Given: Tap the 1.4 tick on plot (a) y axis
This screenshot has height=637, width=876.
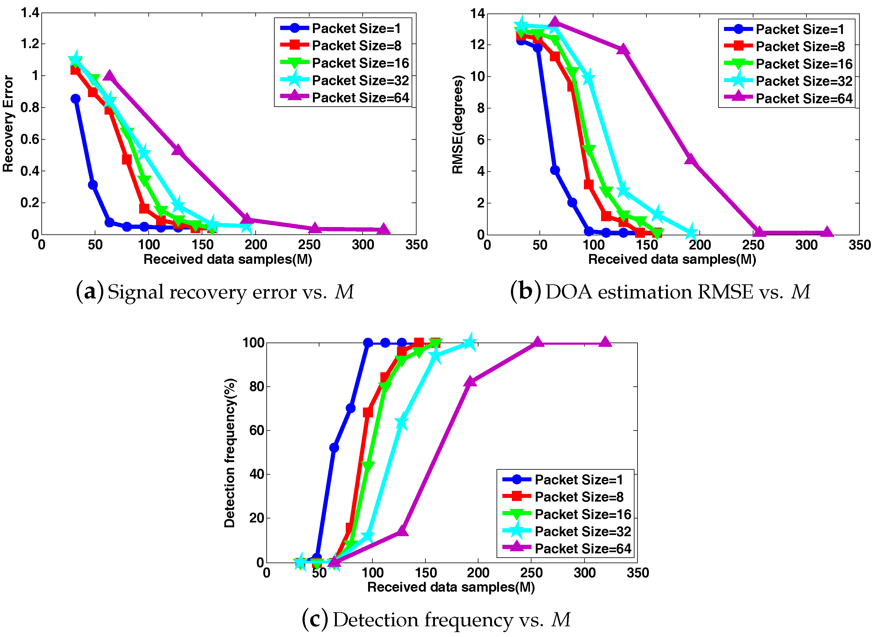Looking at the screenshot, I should (x=30, y=13).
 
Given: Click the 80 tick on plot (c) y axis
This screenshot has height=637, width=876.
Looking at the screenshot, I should (x=257, y=386).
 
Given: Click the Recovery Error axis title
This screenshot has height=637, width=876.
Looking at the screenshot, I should (x=8, y=123).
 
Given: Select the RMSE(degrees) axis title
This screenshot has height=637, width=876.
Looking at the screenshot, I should (x=457, y=124).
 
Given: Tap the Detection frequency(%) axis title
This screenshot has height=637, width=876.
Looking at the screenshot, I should (x=230, y=453).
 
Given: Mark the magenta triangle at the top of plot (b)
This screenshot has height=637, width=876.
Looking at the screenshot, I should (x=555, y=22).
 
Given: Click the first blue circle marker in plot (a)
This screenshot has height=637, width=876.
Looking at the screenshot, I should (x=76, y=99).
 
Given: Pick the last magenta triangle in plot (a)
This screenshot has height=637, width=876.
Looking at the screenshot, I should (x=383, y=229).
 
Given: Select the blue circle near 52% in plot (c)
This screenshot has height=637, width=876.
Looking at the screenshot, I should (x=334, y=448).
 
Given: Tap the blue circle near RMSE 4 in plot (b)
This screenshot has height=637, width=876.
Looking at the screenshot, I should (x=555, y=170).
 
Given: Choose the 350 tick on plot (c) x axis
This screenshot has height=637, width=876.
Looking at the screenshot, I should (x=638, y=573).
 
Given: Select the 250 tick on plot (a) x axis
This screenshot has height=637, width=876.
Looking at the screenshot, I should (x=309, y=245).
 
